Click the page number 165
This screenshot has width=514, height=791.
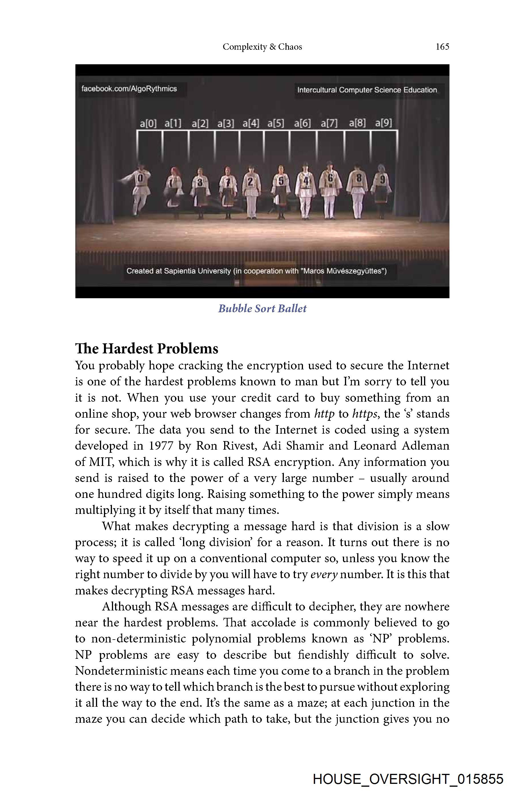pyautogui.click(x=442, y=47)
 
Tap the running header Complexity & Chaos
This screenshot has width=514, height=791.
pyautogui.click(x=262, y=47)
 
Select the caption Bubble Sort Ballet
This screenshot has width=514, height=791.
pyautogui.click(x=262, y=309)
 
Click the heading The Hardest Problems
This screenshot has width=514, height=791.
pyautogui.click(x=146, y=349)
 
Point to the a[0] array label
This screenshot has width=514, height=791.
pyautogui.click(x=148, y=124)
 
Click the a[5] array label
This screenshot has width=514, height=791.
pyautogui.click(x=276, y=124)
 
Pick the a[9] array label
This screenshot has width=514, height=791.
pyautogui.click(x=384, y=123)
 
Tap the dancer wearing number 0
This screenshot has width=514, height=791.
pyautogui.click(x=140, y=189)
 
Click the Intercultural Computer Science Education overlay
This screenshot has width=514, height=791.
pyautogui.click(x=367, y=90)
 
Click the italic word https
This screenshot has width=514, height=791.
pyautogui.click(x=364, y=414)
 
